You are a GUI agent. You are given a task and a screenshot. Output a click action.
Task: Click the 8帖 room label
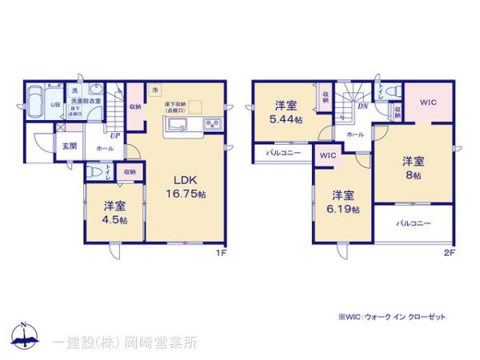414,166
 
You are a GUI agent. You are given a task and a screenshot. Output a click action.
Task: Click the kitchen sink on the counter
177,123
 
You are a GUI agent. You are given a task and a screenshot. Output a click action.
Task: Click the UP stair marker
115,136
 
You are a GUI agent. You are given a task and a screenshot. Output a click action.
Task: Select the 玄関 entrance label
70,146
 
